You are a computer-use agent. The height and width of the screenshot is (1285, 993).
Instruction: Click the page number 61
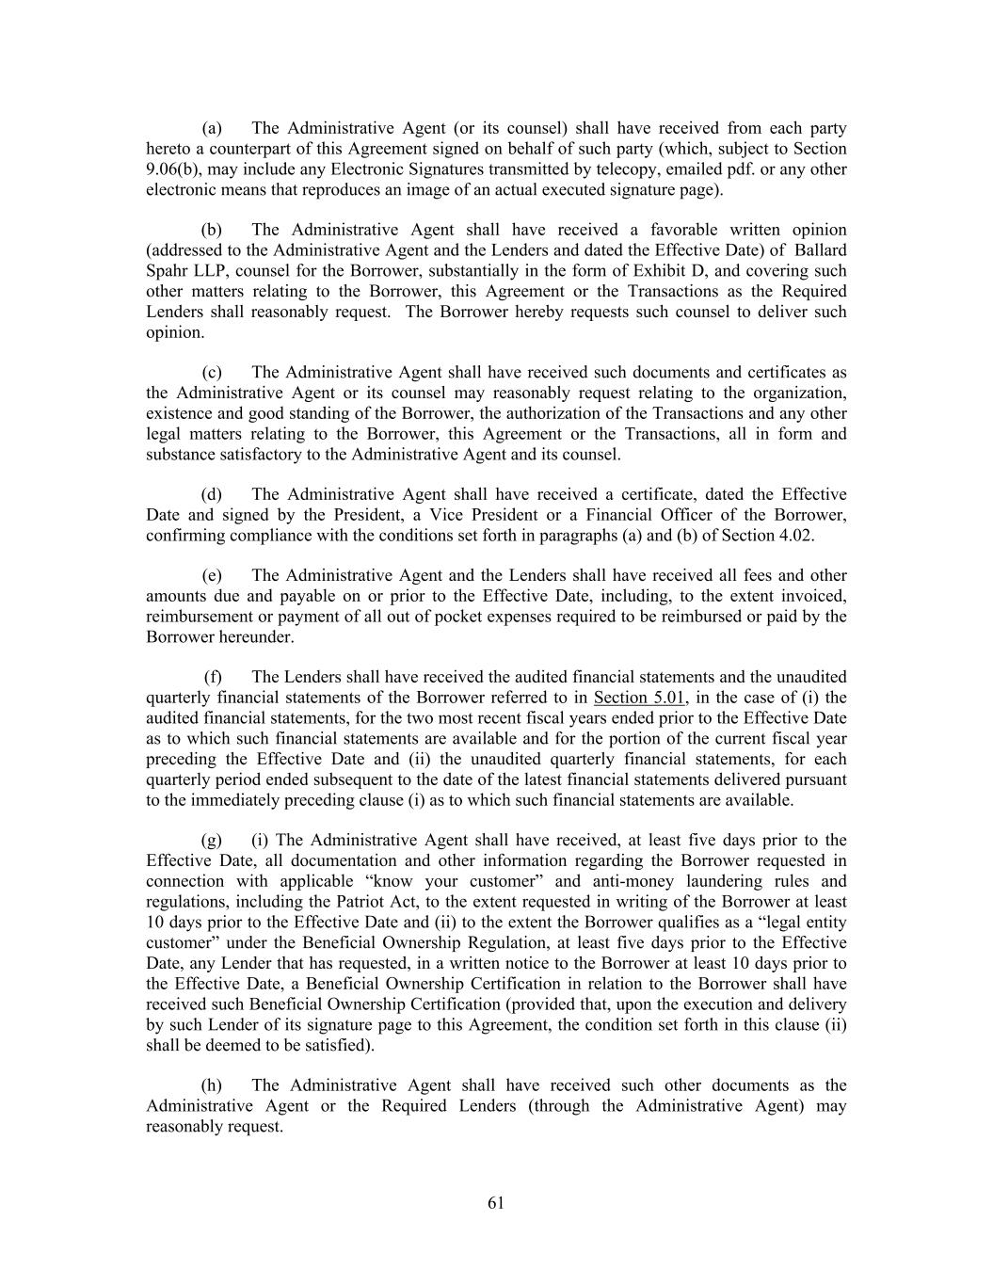point(496,1202)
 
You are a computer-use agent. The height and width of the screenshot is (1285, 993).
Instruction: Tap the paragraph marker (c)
point(212,373)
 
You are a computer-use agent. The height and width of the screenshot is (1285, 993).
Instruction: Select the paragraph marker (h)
point(212,1085)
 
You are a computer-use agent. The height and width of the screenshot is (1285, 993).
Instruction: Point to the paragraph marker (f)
point(214,677)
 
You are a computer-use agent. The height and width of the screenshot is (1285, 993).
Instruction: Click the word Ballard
point(821,250)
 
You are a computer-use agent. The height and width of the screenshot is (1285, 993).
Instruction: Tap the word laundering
point(711,881)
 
